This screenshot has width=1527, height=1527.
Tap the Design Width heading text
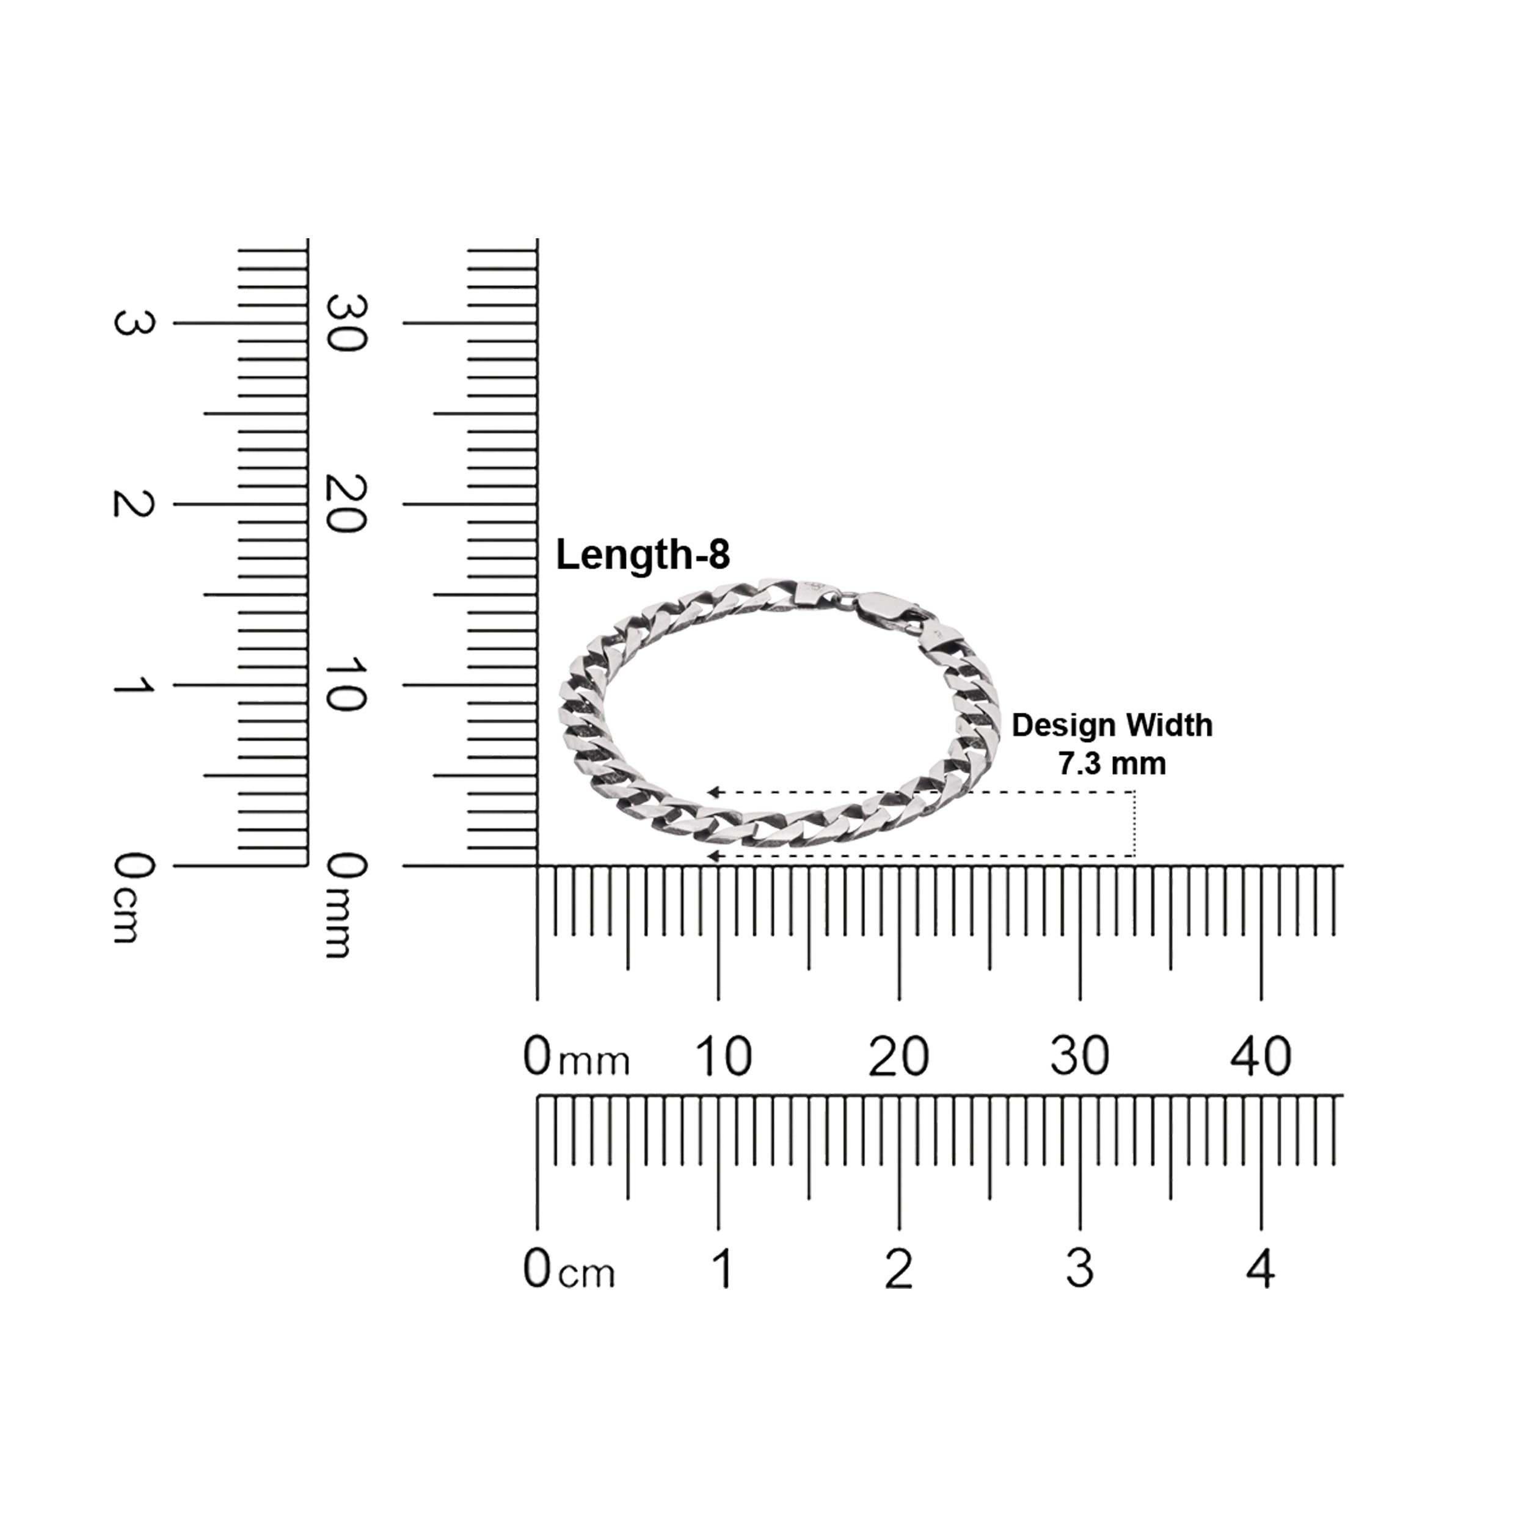point(1112,726)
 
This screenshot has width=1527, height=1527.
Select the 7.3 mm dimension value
point(1112,763)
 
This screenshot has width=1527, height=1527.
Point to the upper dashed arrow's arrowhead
point(713,792)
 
